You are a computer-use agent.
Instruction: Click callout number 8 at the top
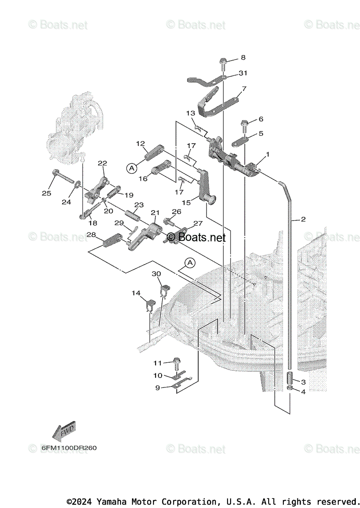click(243, 57)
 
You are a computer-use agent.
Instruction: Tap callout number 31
click(243, 73)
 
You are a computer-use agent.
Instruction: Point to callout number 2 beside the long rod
click(303, 219)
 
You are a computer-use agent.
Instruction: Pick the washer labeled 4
click(290, 389)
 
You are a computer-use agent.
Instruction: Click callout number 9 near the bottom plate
click(157, 387)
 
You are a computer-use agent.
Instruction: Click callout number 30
click(157, 274)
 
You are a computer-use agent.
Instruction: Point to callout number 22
click(102, 163)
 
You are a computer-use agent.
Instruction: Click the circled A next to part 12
click(132, 168)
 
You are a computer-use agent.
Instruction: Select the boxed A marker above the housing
click(190, 263)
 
